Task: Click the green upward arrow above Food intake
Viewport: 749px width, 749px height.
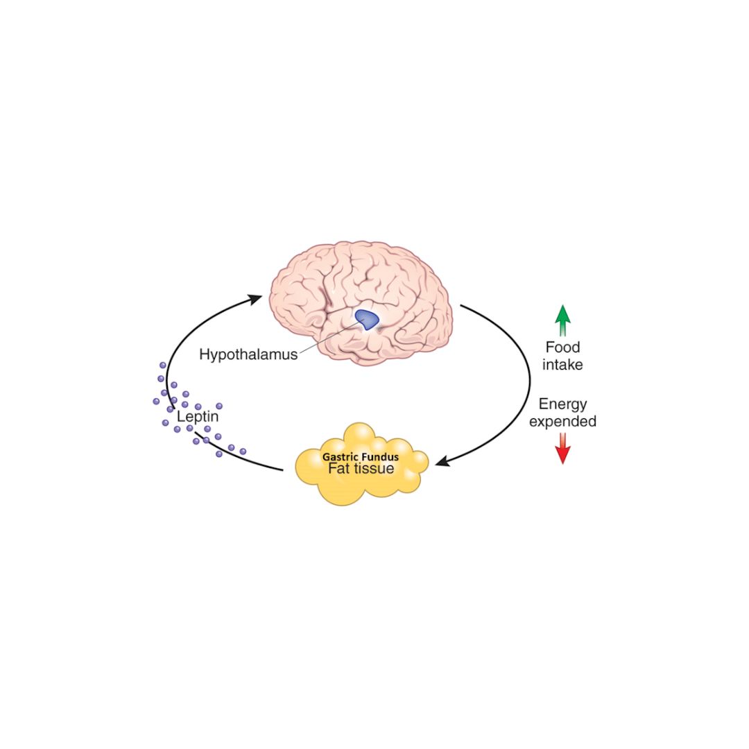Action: click(563, 320)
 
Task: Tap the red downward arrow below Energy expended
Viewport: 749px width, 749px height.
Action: click(563, 449)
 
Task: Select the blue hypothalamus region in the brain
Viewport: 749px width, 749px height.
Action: click(367, 320)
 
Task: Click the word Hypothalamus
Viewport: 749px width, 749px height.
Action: click(248, 354)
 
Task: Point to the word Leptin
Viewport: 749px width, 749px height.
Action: click(198, 416)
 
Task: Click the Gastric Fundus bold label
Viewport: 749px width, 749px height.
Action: click(361, 456)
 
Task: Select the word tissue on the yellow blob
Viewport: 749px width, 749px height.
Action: click(374, 469)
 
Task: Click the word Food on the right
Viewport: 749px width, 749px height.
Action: click(562, 347)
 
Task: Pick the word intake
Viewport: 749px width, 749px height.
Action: click(562, 365)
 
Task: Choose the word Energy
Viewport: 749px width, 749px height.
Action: click(562, 404)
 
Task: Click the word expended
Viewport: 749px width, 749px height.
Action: click(562, 422)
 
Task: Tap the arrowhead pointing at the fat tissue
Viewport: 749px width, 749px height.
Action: click(442, 461)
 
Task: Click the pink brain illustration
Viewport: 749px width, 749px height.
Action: click(361, 303)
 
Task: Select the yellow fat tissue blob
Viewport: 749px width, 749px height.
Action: click(361, 464)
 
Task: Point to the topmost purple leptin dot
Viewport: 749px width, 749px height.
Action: click(163, 365)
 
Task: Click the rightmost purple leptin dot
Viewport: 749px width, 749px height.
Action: click(243, 451)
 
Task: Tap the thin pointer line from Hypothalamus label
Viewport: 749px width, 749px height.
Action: click(329, 337)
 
